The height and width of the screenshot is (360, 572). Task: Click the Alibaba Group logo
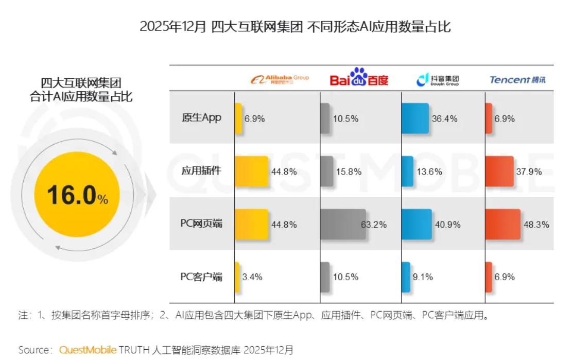coord(280,80)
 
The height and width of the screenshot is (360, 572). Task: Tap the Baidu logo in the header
coord(359,78)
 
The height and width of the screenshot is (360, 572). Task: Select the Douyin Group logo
coord(438,80)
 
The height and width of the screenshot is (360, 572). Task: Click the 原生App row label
coord(201,117)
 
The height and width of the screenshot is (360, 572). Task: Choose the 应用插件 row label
coord(201,170)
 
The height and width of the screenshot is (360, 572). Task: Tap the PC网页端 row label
coord(201,224)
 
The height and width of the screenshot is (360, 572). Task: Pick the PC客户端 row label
coord(201,277)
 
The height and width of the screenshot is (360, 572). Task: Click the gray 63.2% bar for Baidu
coord(343,224)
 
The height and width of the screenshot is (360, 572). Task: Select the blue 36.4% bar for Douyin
coord(414,118)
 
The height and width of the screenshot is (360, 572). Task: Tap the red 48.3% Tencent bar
coord(502,224)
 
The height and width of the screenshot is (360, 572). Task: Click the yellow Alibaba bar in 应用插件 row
coord(251,171)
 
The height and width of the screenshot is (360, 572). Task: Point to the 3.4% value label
coord(253,277)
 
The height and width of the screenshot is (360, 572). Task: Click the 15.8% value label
coord(347,172)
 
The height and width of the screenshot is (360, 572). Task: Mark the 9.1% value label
coord(423,277)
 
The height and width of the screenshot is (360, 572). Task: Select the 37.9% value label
coord(529,172)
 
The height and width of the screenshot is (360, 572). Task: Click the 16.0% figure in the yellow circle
coord(77,195)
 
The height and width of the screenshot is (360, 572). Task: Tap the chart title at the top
coord(295,26)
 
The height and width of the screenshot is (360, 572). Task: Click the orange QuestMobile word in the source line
coord(88,350)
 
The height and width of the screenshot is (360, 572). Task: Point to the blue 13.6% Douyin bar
coord(407,171)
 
